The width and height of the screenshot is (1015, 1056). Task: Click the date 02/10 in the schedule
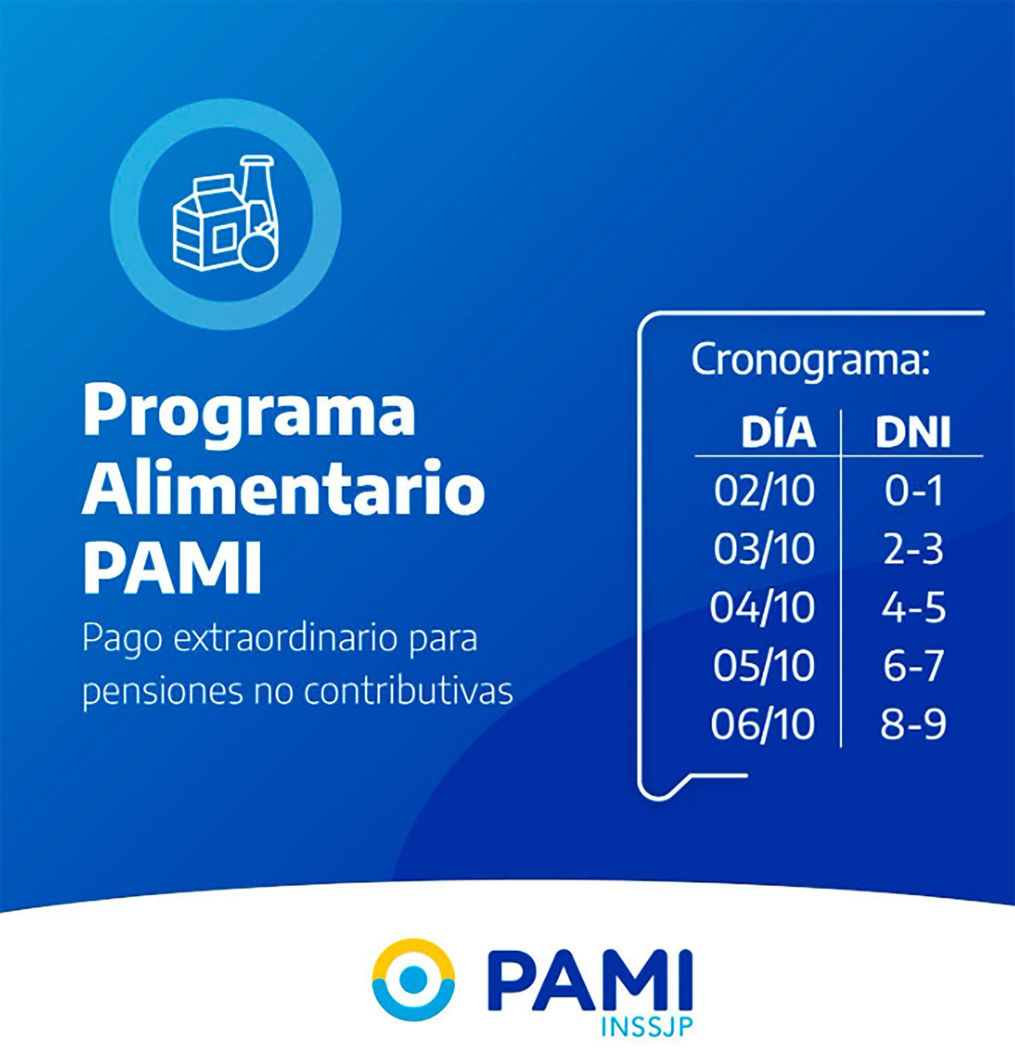(764, 491)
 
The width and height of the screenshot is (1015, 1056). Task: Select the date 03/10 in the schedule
(764, 549)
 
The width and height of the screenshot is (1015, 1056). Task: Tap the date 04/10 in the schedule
(762, 607)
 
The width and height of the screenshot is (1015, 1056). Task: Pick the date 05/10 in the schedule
(763, 666)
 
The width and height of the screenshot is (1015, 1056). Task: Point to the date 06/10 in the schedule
(762, 724)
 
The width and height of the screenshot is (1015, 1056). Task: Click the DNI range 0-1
(914, 491)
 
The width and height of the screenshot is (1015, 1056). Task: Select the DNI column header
(913, 432)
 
